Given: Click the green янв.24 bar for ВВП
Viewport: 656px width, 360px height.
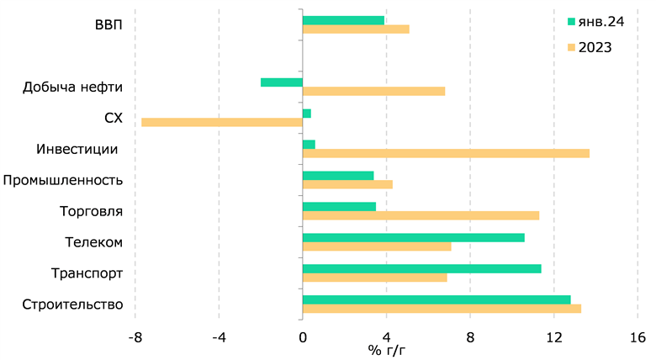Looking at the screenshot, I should (343, 20).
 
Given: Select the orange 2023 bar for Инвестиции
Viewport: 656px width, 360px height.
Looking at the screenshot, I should (446, 153).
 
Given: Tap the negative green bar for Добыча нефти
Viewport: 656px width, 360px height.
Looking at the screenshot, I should (282, 82).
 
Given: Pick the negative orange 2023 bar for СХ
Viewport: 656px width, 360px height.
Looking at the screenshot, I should (222, 122).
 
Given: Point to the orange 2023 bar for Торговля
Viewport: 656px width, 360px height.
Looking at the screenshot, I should (421, 215).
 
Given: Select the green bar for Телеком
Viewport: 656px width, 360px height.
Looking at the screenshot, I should (413, 237).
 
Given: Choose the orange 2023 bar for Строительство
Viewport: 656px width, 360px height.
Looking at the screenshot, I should (442, 309).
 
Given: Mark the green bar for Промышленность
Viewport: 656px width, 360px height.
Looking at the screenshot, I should (338, 176).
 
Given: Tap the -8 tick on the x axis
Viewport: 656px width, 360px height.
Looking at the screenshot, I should (135, 337).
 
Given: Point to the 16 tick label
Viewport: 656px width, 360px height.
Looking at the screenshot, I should (637, 337).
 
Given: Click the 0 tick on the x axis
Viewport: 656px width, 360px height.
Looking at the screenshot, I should (303, 337).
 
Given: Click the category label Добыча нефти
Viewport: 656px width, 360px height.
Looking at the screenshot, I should (73, 87).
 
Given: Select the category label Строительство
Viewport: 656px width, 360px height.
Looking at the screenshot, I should (73, 304).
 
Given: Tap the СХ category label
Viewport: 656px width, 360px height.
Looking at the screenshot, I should (114, 118).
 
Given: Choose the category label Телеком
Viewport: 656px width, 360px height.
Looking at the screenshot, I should (94, 242).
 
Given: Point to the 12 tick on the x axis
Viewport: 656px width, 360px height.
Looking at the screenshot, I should (553, 337).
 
